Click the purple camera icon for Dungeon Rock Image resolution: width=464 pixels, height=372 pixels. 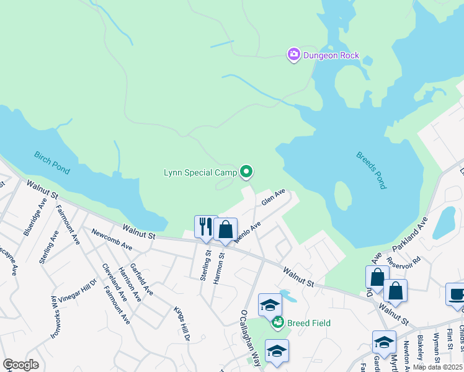pyautogui.click(x=293, y=55)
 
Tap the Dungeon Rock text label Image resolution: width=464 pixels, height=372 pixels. pyautogui.click(x=331, y=55)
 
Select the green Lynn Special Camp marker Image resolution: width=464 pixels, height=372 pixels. pyautogui.click(x=246, y=172)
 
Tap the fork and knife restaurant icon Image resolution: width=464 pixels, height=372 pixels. pyautogui.click(x=205, y=227)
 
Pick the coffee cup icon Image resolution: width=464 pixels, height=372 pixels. pyautogui.click(x=456, y=294)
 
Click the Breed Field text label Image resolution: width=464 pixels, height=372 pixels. pyautogui.click(x=308, y=323)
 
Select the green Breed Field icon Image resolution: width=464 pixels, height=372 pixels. pyautogui.click(x=279, y=322)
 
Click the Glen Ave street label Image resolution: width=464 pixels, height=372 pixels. pyautogui.click(x=273, y=197)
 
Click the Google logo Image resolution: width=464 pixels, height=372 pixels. pyautogui.click(x=20, y=365)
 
